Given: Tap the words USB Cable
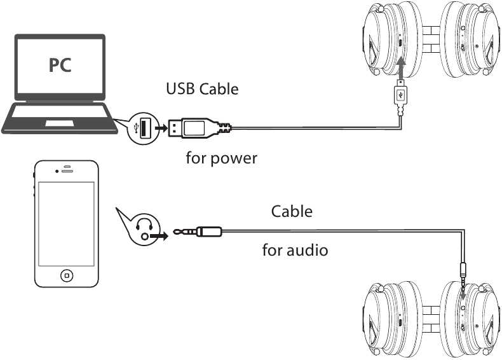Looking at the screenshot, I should [x=202, y=88].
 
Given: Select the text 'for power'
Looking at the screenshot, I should [x=221, y=157].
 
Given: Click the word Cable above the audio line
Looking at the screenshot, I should [x=292, y=211].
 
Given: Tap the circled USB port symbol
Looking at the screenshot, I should [x=142, y=128].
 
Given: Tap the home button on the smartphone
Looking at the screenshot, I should [x=66, y=275].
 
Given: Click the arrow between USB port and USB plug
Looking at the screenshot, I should [x=161, y=128].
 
